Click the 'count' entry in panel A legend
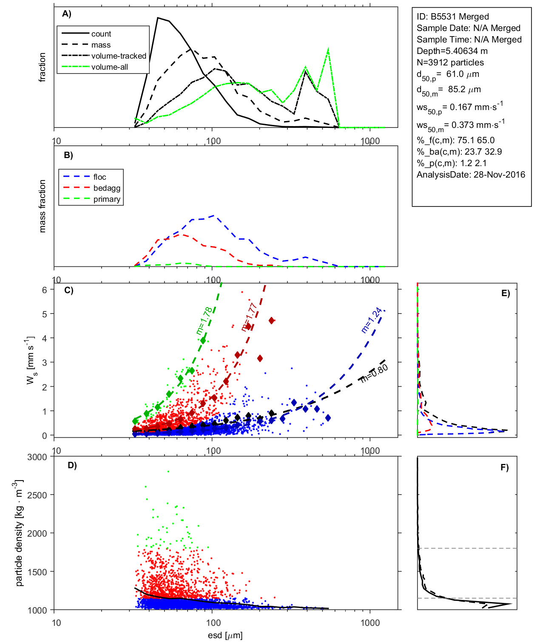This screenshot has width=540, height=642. tap(101, 34)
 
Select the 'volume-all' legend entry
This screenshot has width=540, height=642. tap(109, 67)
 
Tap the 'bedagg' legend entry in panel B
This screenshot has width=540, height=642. tap(107, 188)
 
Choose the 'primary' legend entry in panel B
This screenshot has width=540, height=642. tap(107, 199)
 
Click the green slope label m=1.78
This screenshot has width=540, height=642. tap(204, 321)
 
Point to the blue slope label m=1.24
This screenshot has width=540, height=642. tap(372, 320)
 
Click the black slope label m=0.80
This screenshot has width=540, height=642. tap(374, 373)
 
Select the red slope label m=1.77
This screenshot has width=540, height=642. tap(249, 317)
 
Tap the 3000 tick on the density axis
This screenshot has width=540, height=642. tap(37, 457)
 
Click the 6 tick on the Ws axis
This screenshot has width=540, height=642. tap(44, 290)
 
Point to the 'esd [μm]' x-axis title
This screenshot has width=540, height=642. tap(225, 635)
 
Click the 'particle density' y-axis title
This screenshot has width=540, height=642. tap(19, 533)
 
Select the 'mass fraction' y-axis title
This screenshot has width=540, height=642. tap(42, 206)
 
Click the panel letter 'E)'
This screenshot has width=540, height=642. tap(505, 293)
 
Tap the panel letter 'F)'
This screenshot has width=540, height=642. tap(504, 467)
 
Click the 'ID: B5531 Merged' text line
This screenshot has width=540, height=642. tap(452, 17)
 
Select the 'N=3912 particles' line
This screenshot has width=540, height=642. tap(450, 62)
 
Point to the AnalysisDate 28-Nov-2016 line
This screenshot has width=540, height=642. tap(471, 175)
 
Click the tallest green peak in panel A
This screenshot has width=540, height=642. tap(328, 49)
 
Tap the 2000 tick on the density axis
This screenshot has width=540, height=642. tap(37, 534)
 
